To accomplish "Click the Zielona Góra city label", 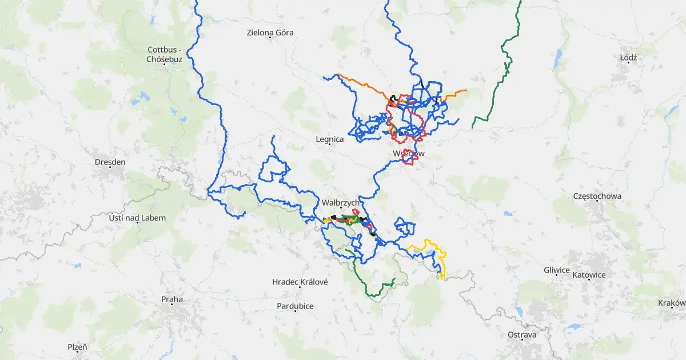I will click(270, 33).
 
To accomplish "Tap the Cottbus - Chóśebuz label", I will click(164, 54).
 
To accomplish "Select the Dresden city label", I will click(110, 162).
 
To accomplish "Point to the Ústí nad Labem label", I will click(137, 218).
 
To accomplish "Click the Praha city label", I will click(171, 299).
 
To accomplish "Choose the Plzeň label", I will click(77, 347).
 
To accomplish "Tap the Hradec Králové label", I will click(300, 282).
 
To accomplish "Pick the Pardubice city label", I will click(295, 306).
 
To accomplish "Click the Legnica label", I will click(330, 139).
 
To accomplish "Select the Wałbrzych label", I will click(340, 203).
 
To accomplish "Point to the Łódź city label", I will click(628, 57).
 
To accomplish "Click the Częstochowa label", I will click(597, 197).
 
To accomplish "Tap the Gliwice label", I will click(557, 270).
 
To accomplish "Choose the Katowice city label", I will click(589, 275).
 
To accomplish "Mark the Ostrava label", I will click(522, 334).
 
